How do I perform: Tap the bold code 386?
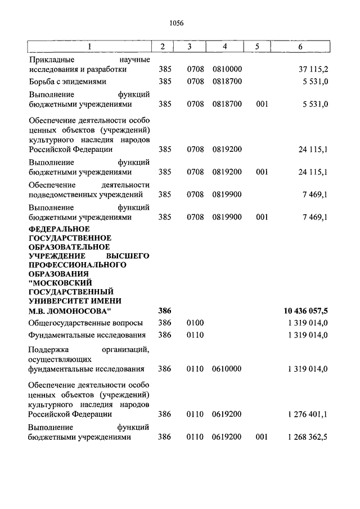tap(164, 311)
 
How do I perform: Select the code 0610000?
tap(227, 369)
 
